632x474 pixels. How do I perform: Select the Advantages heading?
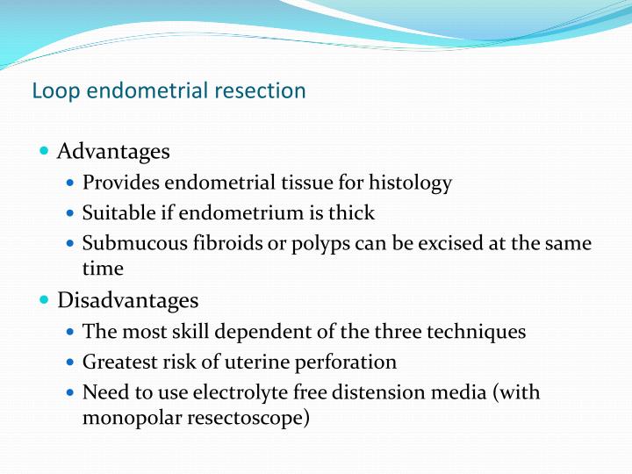click(113, 151)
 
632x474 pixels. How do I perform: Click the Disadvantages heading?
click(127, 300)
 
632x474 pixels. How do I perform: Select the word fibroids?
click(217, 242)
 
